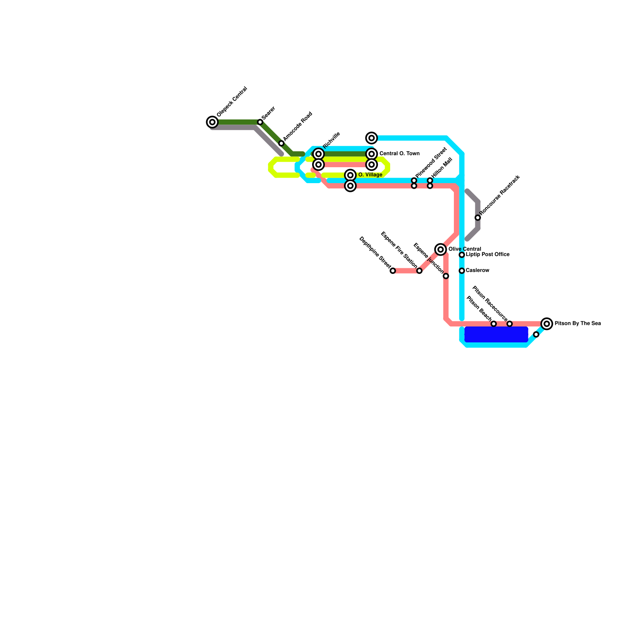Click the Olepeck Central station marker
tap(213, 122)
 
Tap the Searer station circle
tap(260, 122)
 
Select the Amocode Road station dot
tap(281, 143)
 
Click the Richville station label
tap(332, 140)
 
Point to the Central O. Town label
tap(399, 154)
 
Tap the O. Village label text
tap(370, 175)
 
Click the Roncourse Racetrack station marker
tap(478, 218)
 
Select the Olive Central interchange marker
tap(441, 250)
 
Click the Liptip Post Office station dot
tap(462, 255)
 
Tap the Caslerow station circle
tap(462, 271)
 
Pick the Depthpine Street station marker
tap(393, 271)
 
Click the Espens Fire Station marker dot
tap(419, 271)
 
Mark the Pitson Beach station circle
tap(494, 324)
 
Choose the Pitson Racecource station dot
tap(510, 324)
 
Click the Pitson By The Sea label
tap(578, 324)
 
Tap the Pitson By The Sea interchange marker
tap(547, 324)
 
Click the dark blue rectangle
tap(496, 334)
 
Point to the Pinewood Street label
tap(431, 163)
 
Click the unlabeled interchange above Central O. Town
tap(372, 138)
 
